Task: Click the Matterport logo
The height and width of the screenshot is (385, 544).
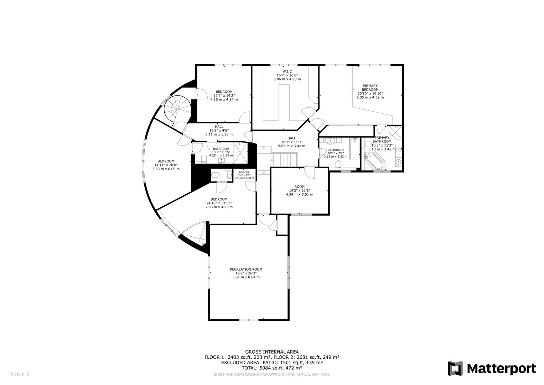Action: tap(491, 368)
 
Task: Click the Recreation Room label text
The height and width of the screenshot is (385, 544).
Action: tap(246, 269)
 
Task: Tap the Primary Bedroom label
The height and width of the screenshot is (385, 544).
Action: tap(370, 88)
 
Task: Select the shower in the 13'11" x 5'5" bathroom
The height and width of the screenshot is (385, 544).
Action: tap(241, 153)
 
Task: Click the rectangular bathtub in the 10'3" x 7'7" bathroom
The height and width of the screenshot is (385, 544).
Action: tap(354, 149)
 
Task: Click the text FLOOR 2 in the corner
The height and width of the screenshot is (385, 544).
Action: tap(19, 374)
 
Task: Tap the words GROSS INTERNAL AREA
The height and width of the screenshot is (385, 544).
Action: tap(272, 352)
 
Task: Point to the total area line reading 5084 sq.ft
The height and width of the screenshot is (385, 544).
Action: tap(272, 368)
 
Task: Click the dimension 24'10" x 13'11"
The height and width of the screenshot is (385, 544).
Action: tap(219, 203)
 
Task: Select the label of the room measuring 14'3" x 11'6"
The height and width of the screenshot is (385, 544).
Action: tap(299, 187)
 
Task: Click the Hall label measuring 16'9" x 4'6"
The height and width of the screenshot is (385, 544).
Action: tap(219, 127)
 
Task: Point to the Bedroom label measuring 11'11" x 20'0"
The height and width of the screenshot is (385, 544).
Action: tap(166, 161)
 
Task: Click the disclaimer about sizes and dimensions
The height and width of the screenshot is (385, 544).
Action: tap(272, 375)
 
